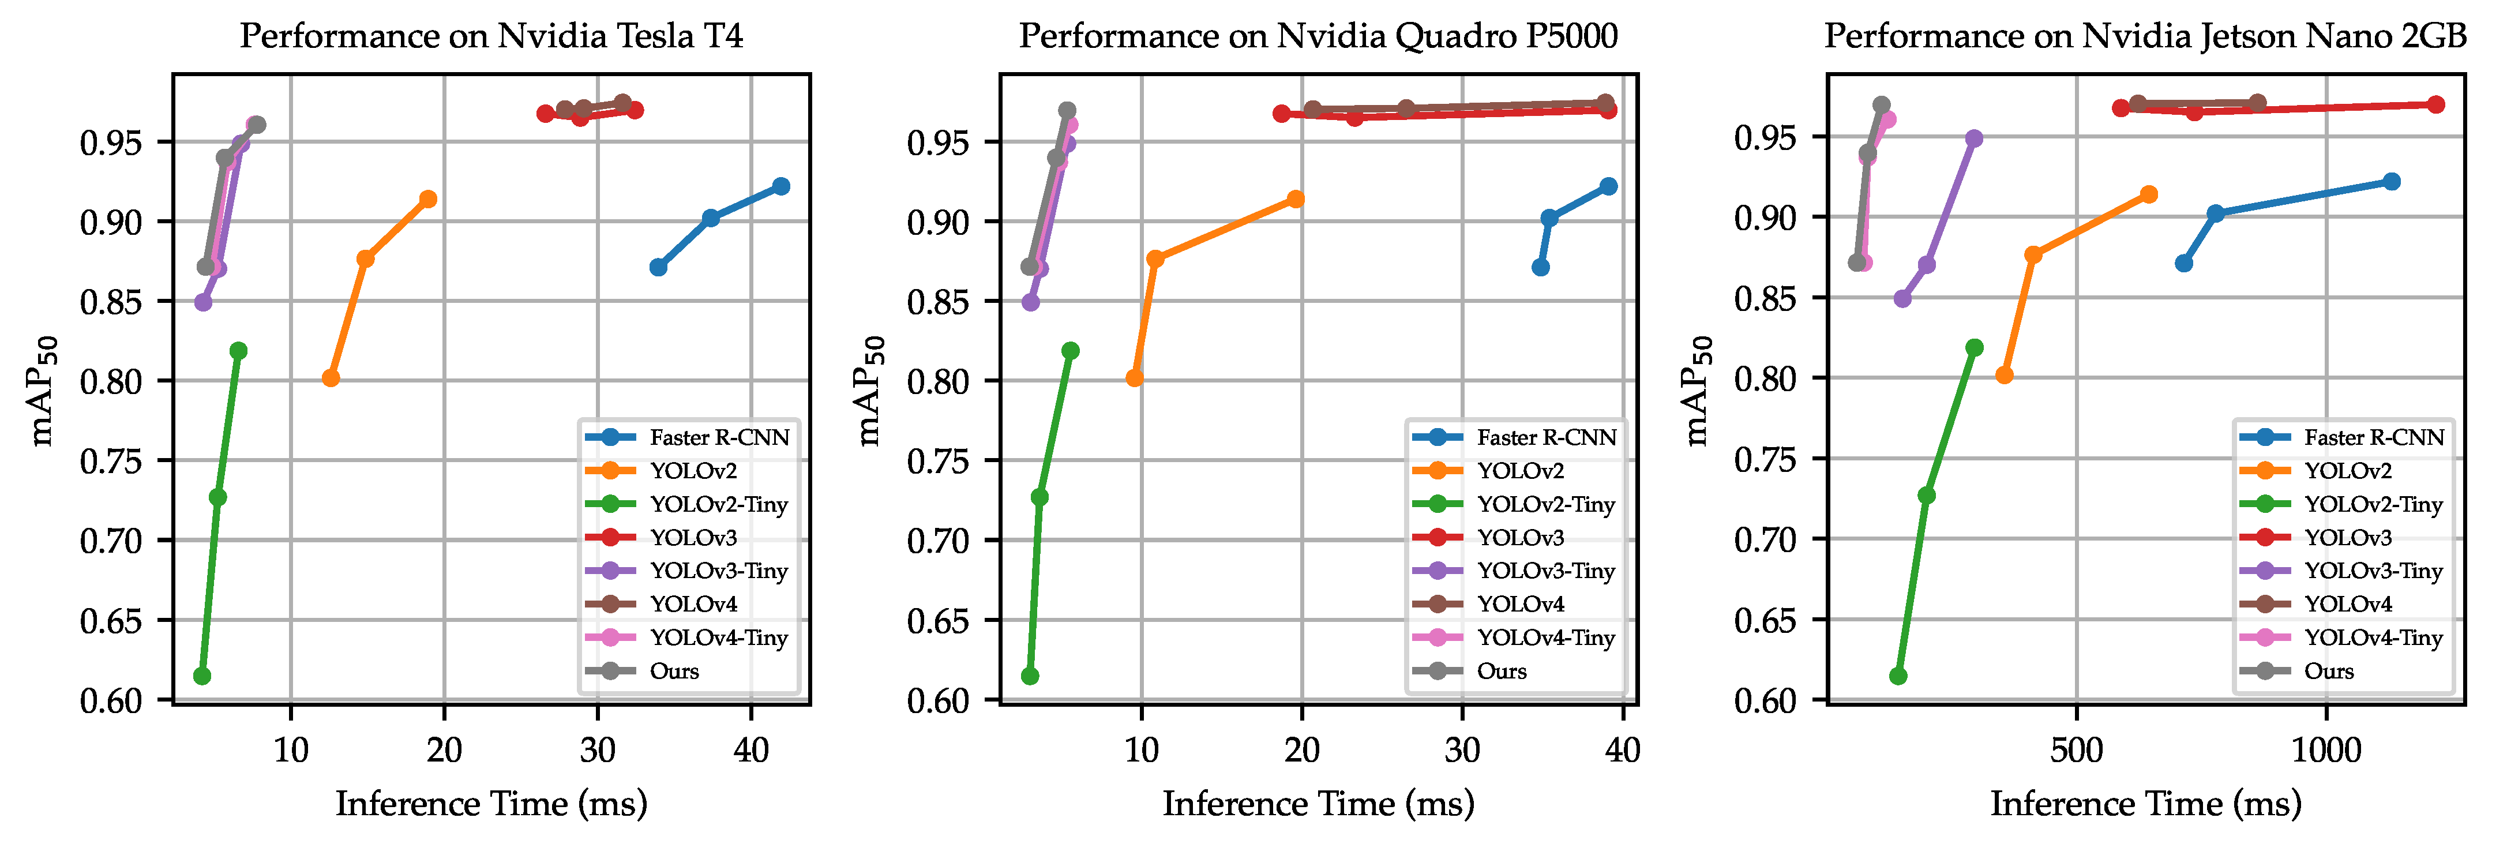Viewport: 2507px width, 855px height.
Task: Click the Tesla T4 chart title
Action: [x=491, y=36]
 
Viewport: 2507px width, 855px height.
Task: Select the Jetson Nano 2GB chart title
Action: [x=2145, y=36]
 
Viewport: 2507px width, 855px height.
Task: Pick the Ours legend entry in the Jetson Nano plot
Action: [x=2328, y=671]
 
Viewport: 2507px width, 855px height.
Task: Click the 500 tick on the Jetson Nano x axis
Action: [x=2076, y=751]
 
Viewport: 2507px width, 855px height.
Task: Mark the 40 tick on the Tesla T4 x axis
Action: [x=750, y=751]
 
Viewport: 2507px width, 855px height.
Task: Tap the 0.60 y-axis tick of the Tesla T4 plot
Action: [x=111, y=700]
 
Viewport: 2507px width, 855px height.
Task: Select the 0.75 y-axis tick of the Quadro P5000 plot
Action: [x=938, y=460]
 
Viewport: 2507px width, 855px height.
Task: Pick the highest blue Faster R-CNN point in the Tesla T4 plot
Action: [x=780, y=186]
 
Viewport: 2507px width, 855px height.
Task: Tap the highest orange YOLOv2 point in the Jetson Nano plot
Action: [x=2149, y=195]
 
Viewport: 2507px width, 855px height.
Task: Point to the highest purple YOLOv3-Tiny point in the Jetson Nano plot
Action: [x=1973, y=139]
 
